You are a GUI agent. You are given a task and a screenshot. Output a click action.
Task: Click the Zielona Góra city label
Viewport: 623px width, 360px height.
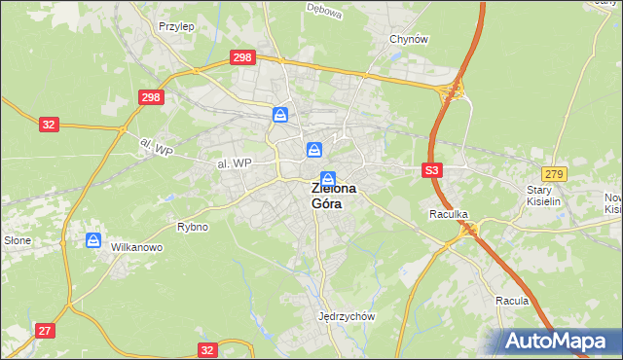coord(333,197)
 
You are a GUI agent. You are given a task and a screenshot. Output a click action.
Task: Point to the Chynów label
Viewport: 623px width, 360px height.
coord(409,39)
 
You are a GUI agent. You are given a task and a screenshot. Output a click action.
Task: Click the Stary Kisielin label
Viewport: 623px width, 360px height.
coord(544,196)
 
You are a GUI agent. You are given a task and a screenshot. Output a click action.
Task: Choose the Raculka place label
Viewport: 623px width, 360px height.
coord(450,212)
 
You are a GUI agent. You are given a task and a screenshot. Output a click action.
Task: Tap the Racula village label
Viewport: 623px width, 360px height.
coord(511,301)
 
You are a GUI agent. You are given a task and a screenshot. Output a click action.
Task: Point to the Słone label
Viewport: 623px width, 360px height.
coord(18,239)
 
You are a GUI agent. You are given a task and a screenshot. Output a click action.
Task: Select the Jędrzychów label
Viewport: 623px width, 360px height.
coord(347,316)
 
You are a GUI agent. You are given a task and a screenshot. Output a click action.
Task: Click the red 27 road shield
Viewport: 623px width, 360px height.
coord(45,331)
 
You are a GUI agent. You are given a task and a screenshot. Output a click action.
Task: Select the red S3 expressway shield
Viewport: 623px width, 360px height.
coord(433,170)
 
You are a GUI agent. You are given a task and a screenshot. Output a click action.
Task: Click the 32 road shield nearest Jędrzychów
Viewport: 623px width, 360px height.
coord(206,349)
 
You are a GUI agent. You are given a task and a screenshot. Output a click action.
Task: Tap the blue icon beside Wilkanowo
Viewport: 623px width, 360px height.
coord(93,239)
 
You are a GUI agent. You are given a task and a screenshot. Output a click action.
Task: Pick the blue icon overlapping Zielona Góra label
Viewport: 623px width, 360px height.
coord(328,179)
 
